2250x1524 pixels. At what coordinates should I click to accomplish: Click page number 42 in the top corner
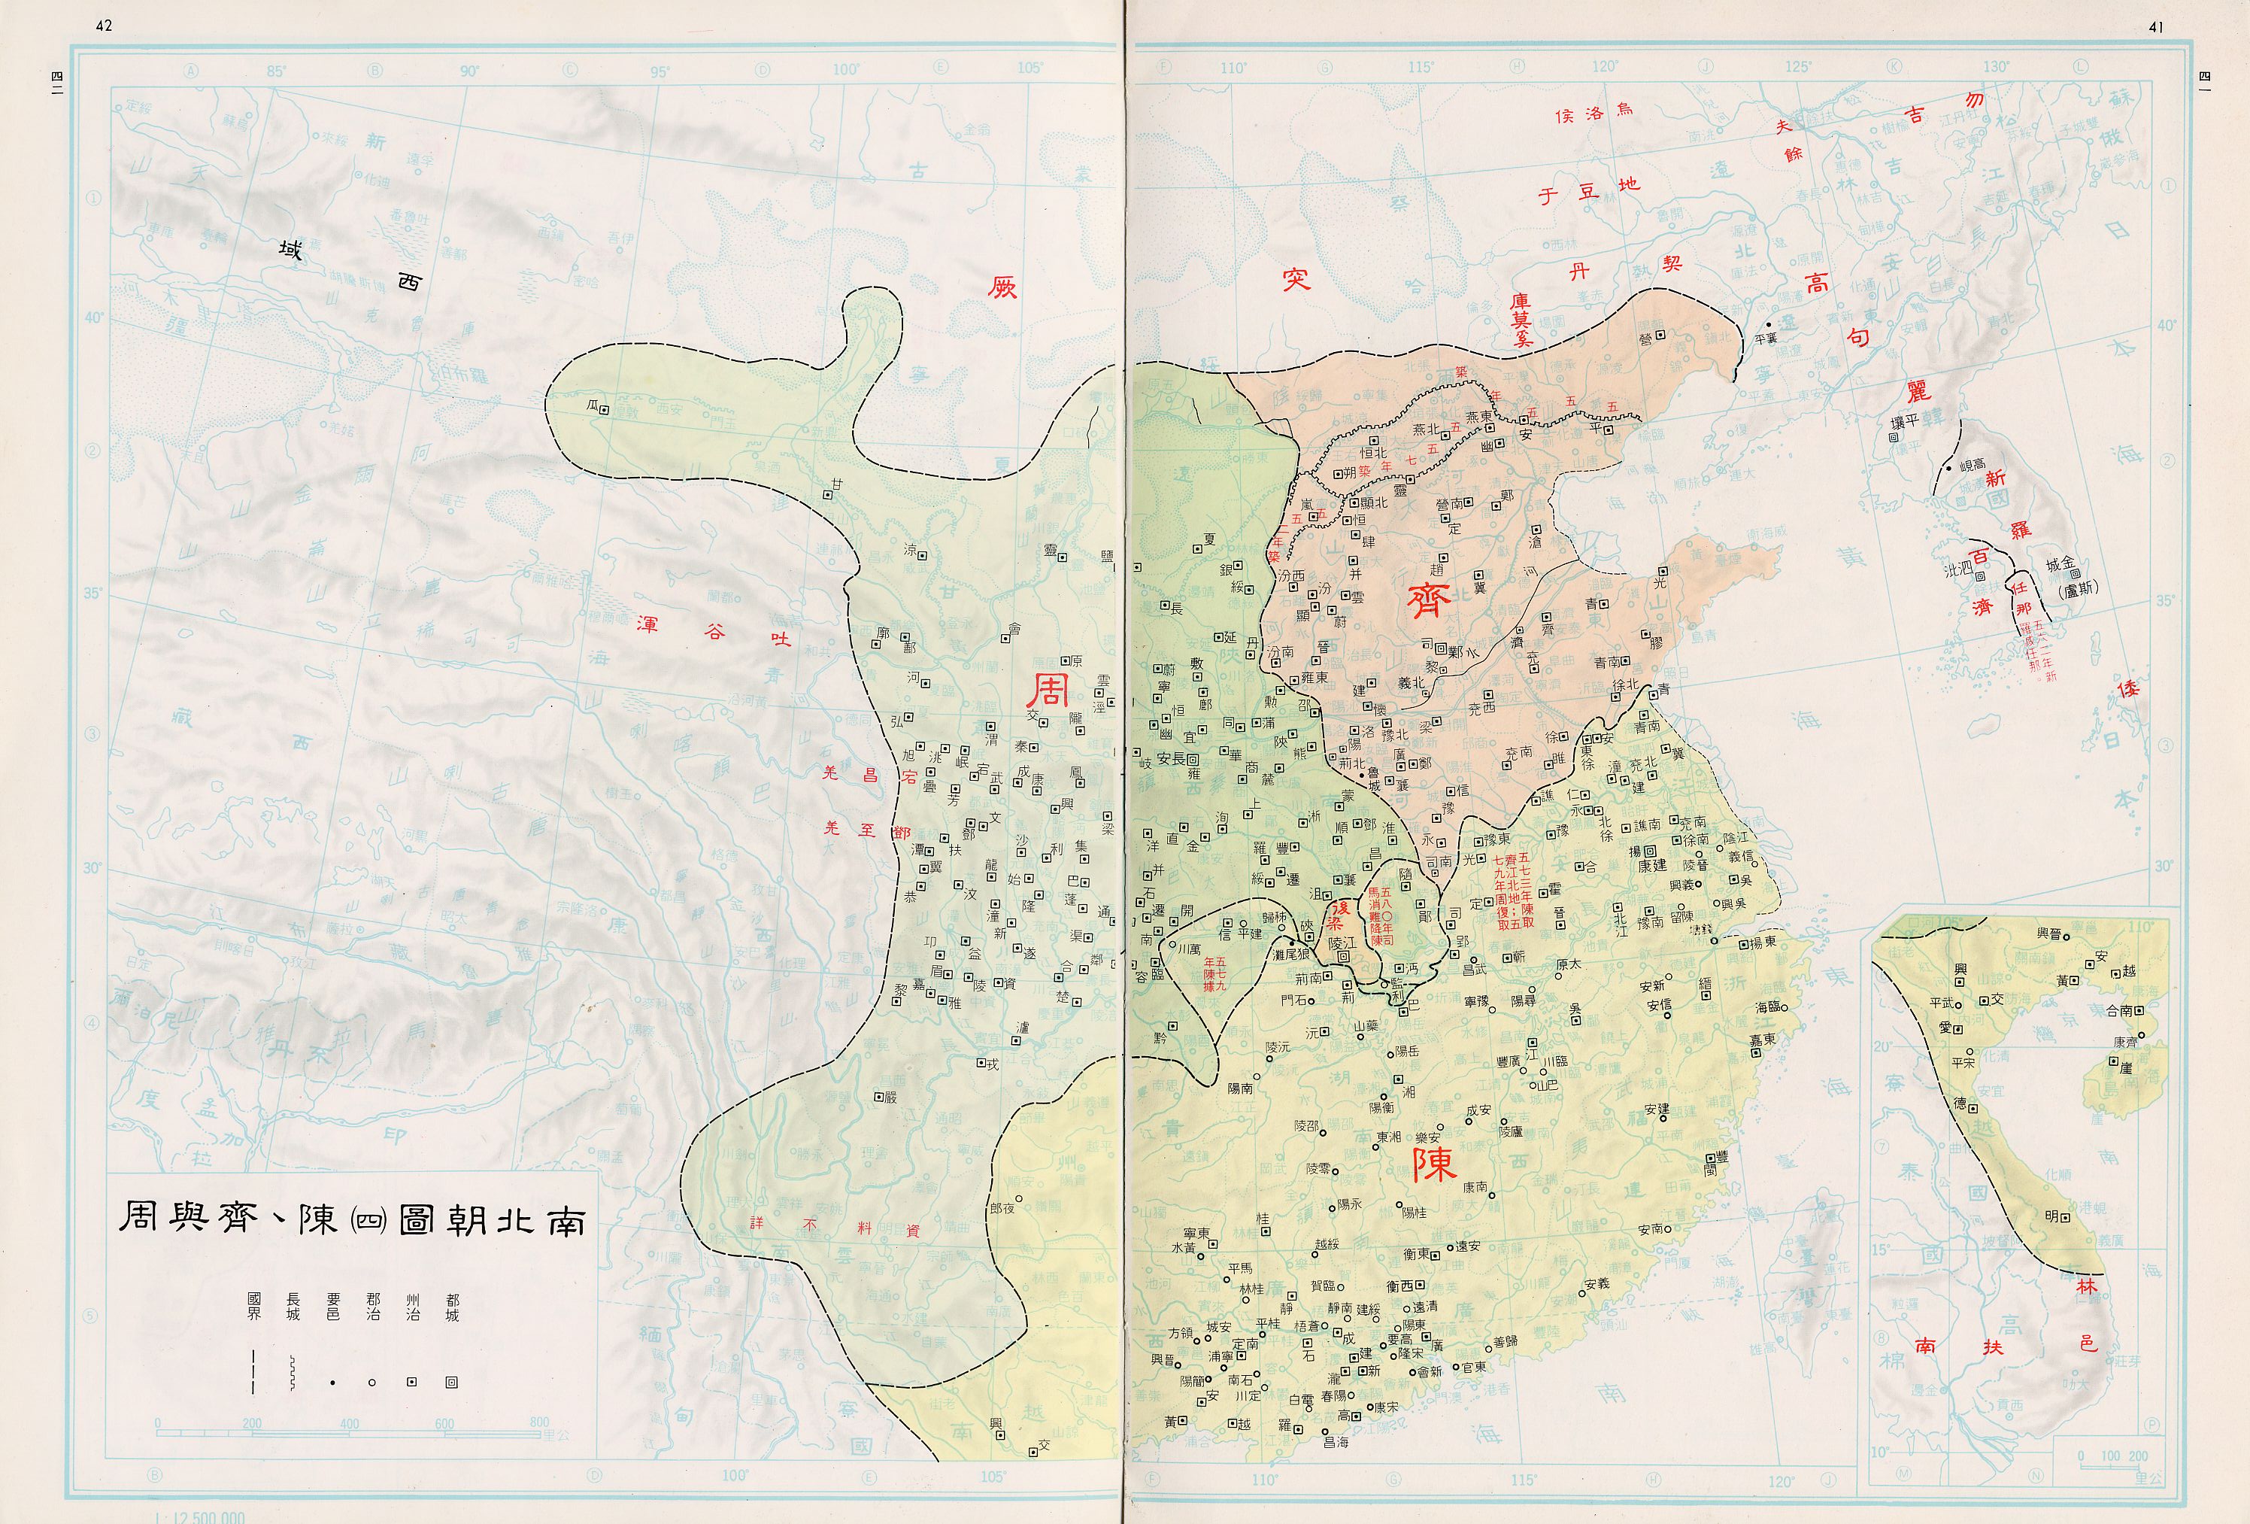point(104,26)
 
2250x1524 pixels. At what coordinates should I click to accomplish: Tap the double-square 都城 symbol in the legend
point(451,1383)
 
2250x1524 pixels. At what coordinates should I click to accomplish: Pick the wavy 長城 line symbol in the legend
point(292,1373)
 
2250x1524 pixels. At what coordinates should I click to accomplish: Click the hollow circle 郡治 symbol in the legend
point(371,1383)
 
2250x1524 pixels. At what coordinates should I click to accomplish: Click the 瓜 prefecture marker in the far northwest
point(603,409)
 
